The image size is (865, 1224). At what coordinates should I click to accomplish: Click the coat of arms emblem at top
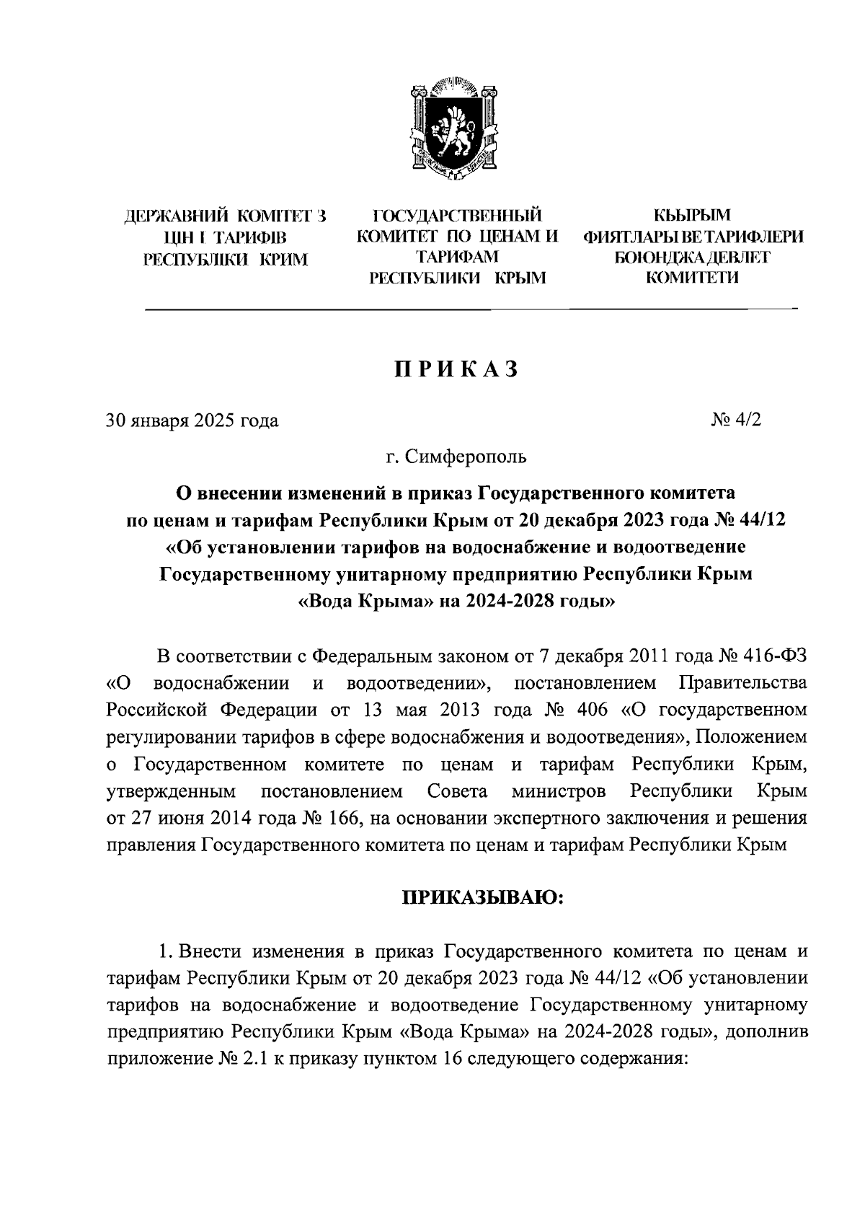tap(455, 128)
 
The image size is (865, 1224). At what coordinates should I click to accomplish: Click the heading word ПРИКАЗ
tap(456, 369)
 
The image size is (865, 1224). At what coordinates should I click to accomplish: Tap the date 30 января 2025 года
tap(192, 420)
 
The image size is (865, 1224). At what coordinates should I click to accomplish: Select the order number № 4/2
tap(735, 420)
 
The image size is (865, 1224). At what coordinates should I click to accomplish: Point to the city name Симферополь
tap(467, 456)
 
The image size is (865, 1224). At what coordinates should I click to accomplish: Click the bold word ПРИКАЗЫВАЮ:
tap(481, 897)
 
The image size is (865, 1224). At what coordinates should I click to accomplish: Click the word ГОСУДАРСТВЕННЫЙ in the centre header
tap(456, 215)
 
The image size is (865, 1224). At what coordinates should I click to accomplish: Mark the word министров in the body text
tap(558, 791)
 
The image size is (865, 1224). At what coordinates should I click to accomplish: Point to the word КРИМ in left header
tap(283, 258)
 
